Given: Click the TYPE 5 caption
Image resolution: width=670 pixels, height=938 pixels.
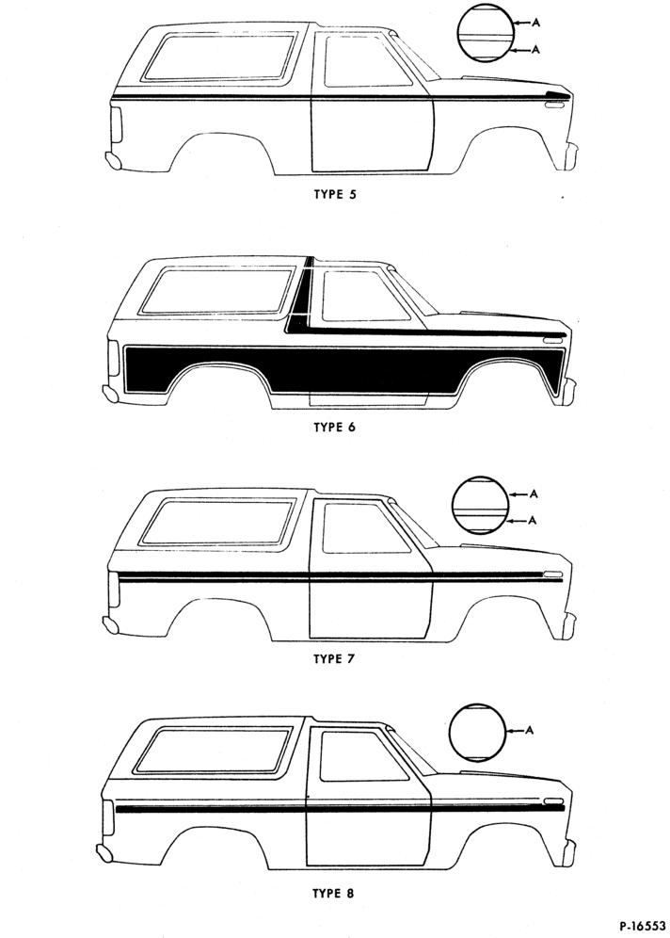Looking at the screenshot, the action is click(335, 194).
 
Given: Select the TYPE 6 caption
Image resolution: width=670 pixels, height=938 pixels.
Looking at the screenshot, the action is click(335, 428).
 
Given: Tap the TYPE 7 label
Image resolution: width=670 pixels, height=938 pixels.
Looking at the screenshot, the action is click(335, 659).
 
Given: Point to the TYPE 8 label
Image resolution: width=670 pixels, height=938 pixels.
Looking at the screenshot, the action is click(333, 894).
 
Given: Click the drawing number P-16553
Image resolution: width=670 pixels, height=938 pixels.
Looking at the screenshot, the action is click(642, 926).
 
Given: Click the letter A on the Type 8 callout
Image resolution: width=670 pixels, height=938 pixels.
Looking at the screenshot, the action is click(530, 730).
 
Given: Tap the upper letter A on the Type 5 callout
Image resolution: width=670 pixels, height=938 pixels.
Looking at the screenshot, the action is click(536, 23).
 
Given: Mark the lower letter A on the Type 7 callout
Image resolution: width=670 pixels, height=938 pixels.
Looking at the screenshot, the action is click(534, 521).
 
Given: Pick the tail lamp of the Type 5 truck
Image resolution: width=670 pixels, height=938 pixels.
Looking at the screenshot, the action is click(116, 124).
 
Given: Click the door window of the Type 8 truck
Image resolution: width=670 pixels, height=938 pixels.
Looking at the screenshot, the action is click(363, 755).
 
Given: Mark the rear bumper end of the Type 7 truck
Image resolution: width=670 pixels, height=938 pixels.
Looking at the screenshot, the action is click(111, 624).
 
